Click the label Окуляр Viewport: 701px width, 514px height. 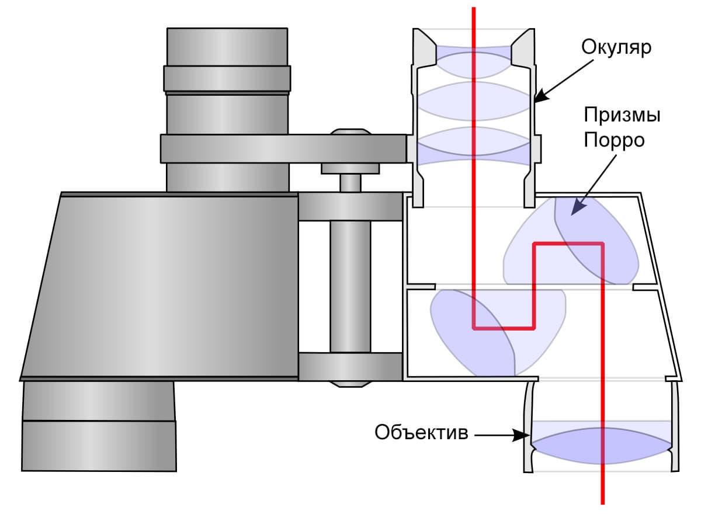click(616, 47)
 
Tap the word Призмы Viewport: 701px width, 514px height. click(622, 115)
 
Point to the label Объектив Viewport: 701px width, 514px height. click(421, 433)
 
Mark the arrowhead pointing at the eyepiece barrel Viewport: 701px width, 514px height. click(540, 95)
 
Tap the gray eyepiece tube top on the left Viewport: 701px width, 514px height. click(227, 47)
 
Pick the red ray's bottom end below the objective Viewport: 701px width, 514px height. click(602, 499)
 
